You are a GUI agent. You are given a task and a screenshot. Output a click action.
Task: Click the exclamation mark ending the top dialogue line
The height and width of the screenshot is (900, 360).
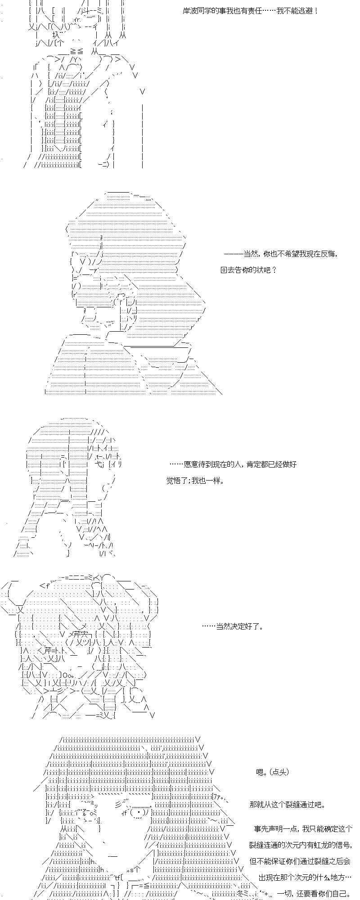coord(317,11)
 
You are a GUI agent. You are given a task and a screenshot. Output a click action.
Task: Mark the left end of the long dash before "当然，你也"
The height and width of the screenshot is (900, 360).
coord(225,254)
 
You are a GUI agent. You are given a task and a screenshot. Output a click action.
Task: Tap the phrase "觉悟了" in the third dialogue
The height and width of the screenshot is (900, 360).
coord(177,481)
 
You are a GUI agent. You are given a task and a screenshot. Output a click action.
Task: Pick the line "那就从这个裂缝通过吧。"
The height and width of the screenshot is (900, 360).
coord(287,805)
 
